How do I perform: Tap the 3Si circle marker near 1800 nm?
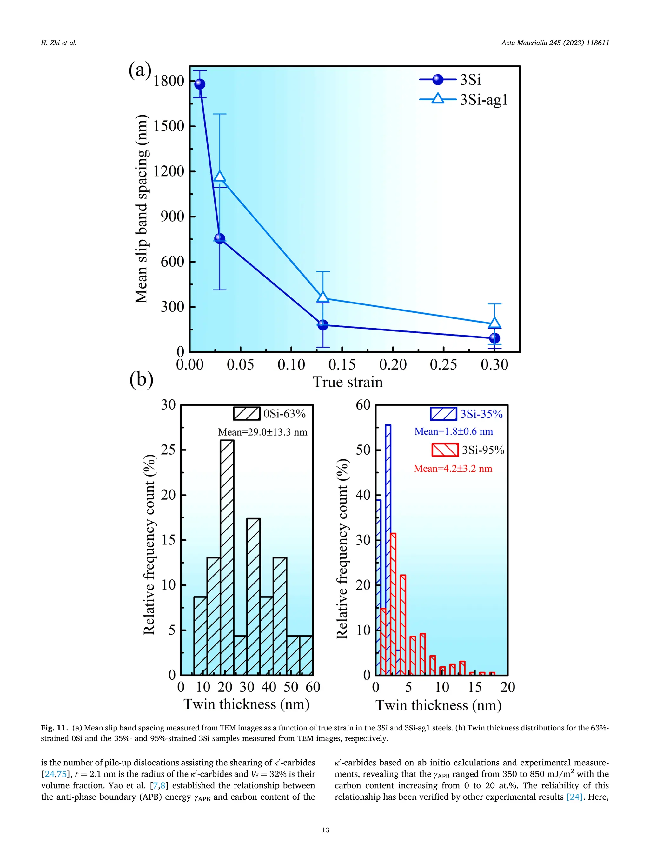click(199, 84)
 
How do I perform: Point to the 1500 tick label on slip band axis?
click(169, 126)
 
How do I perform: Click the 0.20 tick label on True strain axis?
click(393, 364)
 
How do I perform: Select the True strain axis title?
click(348, 382)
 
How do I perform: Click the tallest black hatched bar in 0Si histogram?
click(227, 557)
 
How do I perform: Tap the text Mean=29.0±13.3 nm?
click(262, 432)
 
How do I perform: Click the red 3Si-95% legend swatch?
click(445, 450)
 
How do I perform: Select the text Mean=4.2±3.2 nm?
click(453, 468)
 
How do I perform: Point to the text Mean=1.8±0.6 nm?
click(453, 431)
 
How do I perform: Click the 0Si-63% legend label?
click(284, 414)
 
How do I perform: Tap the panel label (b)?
click(141, 379)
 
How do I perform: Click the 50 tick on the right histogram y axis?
click(363, 450)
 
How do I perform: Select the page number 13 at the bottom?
click(325, 830)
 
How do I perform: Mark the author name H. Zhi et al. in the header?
click(58, 43)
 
